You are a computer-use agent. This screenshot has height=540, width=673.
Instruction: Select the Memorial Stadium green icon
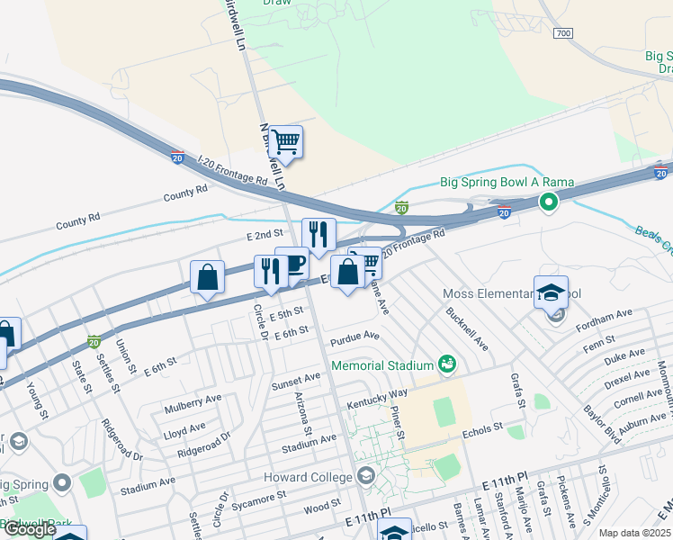(x=446, y=364)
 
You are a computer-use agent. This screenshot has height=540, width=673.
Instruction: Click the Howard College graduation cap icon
(x=365, y=475)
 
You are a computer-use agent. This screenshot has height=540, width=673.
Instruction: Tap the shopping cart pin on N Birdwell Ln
(x=285, y=141)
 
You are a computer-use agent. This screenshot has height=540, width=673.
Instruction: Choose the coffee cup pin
(x=292, y=265)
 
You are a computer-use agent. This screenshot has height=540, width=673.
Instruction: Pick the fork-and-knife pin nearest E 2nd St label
(x=319, y=235)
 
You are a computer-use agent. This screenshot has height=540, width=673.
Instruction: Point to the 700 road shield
(x=563, y=33)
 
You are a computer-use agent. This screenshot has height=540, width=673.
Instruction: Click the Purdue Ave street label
(x=354, y=337)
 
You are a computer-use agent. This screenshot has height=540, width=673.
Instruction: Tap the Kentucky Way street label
(x=378, y=398)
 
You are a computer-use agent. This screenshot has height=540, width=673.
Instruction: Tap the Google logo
(x=30, y=529)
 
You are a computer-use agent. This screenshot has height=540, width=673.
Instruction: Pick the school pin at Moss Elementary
(x=551, y=292)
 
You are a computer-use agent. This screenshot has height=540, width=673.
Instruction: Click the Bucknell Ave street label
(x=467, y=328)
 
